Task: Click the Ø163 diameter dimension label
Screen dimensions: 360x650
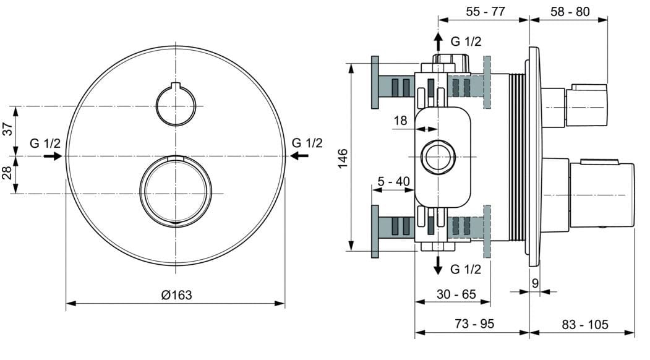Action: pos(176,295)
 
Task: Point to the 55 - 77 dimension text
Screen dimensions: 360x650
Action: pos(485,11)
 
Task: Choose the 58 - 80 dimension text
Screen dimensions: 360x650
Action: pos(569,11)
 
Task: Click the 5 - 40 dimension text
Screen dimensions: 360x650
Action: pos(393,181)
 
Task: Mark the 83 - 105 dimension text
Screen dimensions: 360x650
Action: pos(585,324)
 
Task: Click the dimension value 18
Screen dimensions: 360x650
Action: pos(400,121)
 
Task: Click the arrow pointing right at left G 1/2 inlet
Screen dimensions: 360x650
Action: pos(53,156)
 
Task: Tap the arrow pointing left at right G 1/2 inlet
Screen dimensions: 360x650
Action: pos(299,156)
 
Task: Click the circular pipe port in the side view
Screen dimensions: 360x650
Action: pos(438,156)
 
